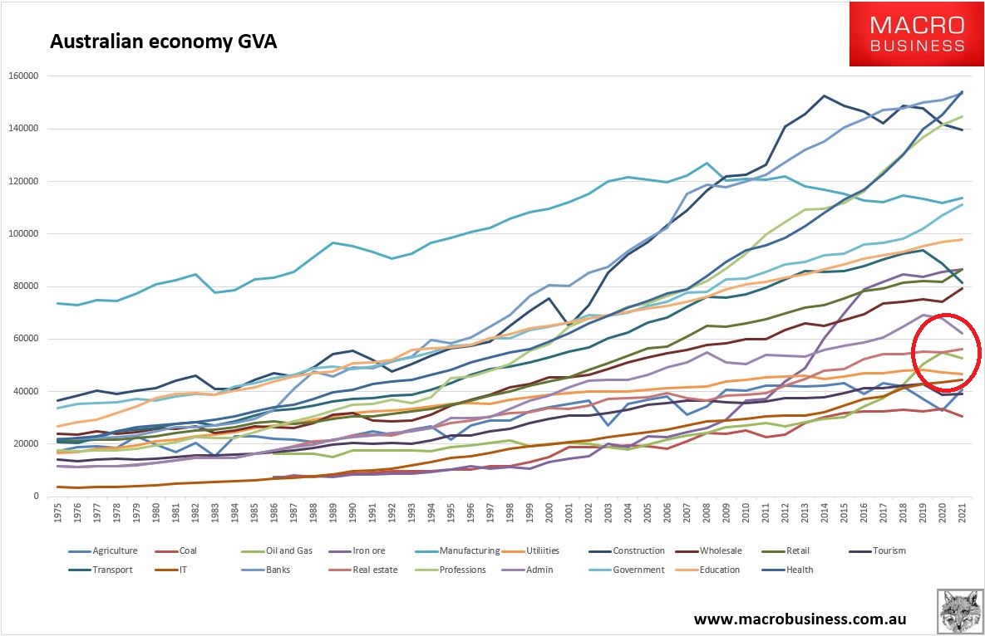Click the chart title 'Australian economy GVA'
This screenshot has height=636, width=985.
163,42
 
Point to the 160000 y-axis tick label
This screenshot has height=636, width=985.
25,76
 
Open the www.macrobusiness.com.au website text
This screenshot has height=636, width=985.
799,619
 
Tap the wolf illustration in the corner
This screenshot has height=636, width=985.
959,613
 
